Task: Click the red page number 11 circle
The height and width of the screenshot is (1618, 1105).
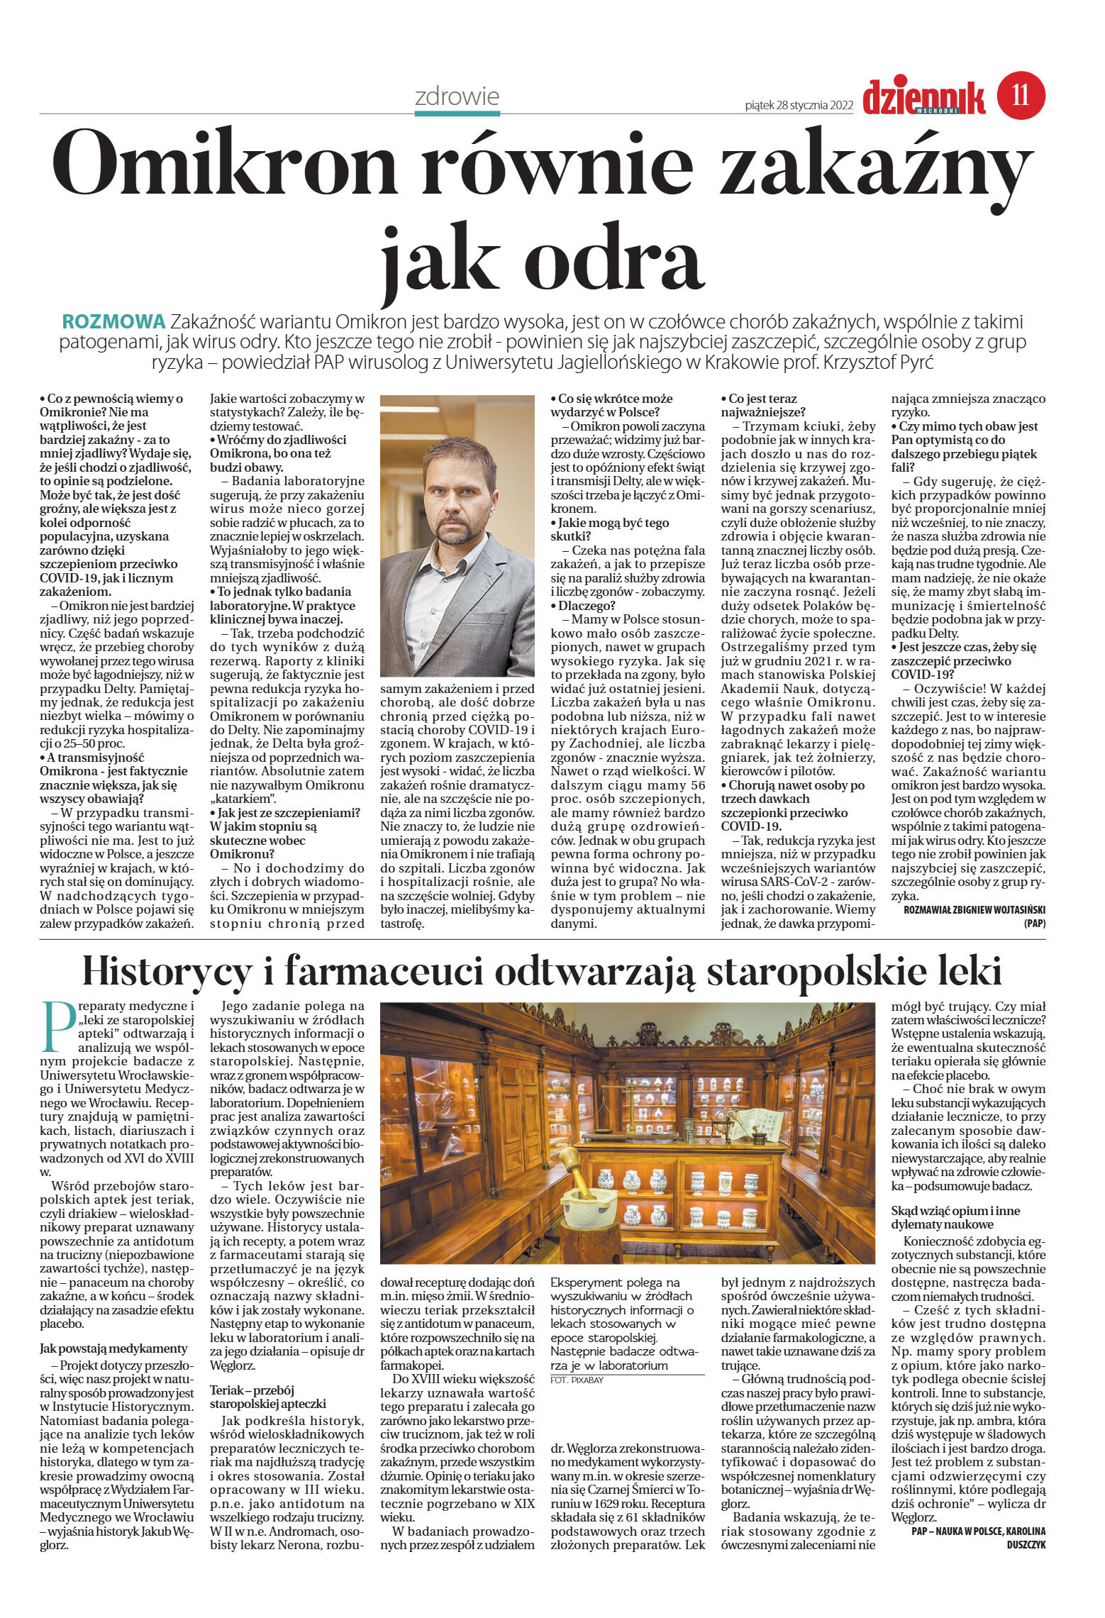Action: coord(1021,94)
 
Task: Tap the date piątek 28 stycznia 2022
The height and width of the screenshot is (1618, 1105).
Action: coord(799,106)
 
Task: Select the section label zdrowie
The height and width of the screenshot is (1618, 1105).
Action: coord(457,96)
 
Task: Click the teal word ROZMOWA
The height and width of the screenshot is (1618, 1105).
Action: coord(113,321)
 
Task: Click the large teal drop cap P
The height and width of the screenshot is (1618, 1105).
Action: coord(58,1026)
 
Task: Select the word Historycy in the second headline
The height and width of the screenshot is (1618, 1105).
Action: coord(177,972)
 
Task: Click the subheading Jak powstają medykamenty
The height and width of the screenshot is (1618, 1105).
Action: coord(113,1348)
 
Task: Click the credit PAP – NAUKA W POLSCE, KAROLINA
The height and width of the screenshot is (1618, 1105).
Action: coord(978,1531)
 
